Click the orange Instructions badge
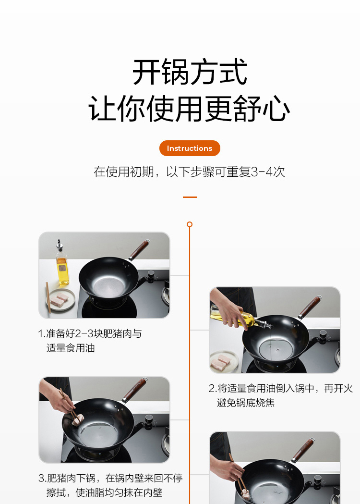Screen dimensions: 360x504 click(190, 148)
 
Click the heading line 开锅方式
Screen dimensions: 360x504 click(190, 72)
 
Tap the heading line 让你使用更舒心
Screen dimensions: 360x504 click(190, 109)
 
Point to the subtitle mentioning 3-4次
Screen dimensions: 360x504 click(190, 172)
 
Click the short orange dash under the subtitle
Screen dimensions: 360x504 click(190, 197)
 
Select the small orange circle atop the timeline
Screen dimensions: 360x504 click(190, 224)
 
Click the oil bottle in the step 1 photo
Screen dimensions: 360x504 click(62, 264)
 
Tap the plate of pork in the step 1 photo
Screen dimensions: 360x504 click(60, 300)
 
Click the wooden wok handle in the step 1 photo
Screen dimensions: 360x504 click(140, 249)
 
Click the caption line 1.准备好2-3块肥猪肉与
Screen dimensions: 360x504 click(90, 333)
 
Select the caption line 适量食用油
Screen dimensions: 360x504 click(71, 348)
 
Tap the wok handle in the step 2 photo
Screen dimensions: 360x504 click(310, 307)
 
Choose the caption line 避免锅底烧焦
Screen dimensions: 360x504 click(246, 403)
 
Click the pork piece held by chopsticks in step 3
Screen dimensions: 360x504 click(78, 420)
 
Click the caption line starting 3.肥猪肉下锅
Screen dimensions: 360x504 click(110, 478)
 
